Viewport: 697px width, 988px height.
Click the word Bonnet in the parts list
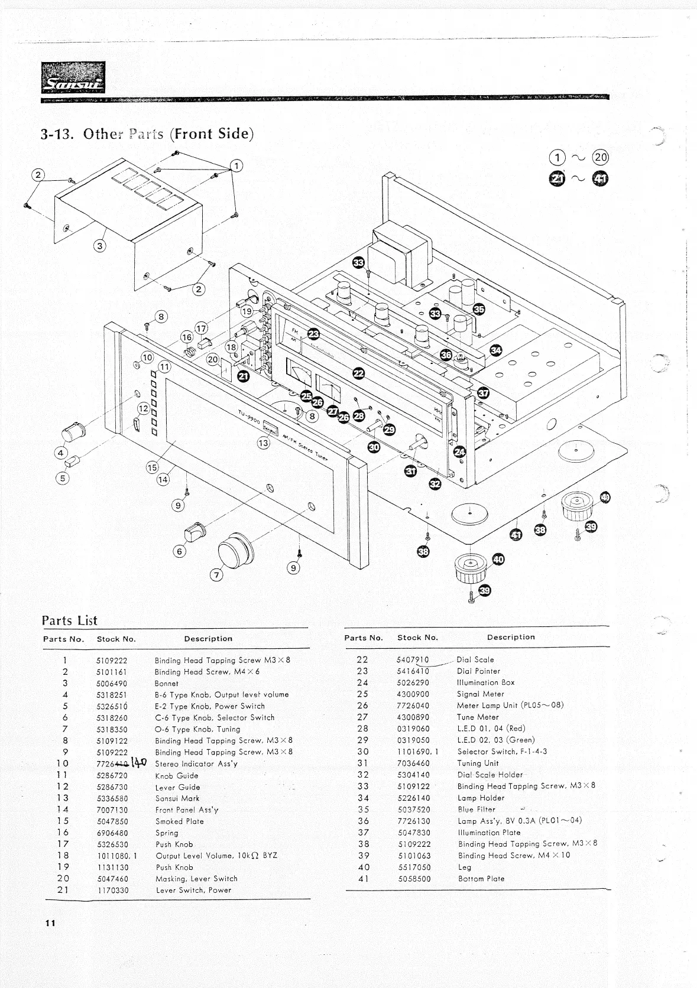tap(166, 683)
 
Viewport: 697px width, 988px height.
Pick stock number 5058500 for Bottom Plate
tap(414, 879)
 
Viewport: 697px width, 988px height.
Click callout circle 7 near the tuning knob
tap(217, 576)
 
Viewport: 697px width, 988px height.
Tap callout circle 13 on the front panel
tap(263, 443)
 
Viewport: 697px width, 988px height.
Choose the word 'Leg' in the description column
tap(465, 867)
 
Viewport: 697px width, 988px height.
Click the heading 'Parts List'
tap(69, 620)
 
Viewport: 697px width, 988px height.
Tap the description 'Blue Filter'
tap(476, 810)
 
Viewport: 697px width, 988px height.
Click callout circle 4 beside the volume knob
tap(60, 453)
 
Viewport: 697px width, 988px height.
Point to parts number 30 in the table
tap(362, 752)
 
